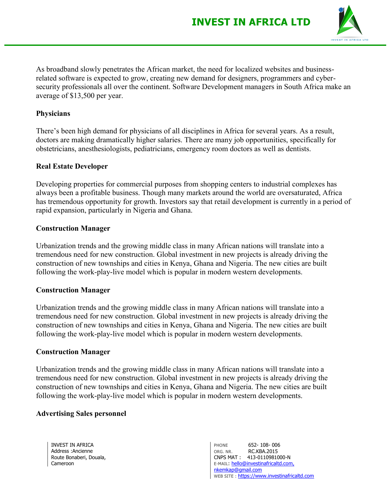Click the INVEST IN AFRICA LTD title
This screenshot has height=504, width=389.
point(251,22)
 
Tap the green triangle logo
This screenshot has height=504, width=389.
point(350,22)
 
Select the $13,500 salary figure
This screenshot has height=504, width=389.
point(82,96)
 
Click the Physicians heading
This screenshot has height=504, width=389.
point(53,114)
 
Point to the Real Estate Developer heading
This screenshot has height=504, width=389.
point(72,166)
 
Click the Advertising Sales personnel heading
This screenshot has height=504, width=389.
point(81,414)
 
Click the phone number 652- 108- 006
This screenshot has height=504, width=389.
point(264,445)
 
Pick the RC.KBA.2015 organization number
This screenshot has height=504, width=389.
point(263,451)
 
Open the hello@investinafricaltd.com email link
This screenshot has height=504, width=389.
point(263,464)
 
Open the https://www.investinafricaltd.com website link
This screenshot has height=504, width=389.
point(276,476)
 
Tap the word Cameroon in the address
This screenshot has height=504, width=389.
point(63,464)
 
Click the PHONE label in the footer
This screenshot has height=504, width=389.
point(221,445)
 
